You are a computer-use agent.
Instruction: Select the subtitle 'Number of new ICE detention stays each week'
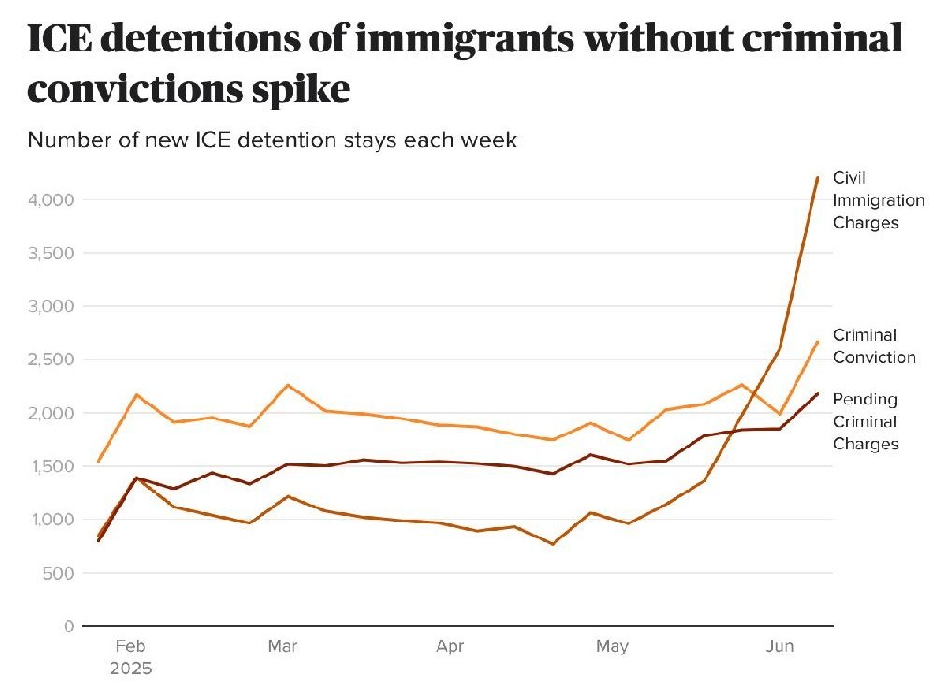pos(272,140)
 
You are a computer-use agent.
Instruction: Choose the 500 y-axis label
pos(60,573)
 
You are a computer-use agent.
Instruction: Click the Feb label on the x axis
pos(130,646)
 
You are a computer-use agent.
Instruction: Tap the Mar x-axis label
pos(282,646)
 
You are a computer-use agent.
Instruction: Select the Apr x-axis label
pos(450,646)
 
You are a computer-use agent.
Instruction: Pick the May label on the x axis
pos(612,646)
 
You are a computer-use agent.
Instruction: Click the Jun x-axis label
pos(780,646)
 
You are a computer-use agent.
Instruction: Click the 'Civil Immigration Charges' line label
pos(877,200)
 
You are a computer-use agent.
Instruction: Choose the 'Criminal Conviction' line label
pos(873,346)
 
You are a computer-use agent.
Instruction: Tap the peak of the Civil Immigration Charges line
pos(817,177)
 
